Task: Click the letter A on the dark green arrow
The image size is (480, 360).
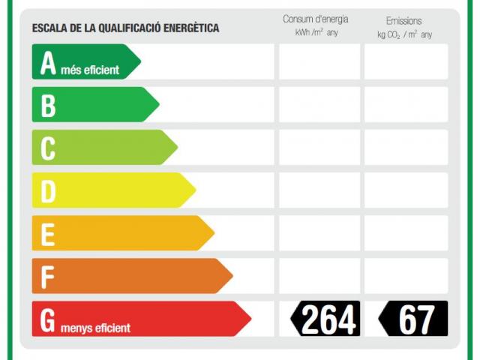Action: click(48, 63)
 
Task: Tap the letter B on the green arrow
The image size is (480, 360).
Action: click(48, 106)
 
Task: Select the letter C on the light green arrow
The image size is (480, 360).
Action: click(48, 148)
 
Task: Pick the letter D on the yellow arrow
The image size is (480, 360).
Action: click(48, 191)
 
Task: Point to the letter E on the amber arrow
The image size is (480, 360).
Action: click(47, 234)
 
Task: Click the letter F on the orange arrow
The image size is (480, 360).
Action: click(47, 277)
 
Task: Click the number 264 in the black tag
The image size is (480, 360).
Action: click(328, 320)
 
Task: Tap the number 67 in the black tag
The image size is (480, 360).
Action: click(416, 320)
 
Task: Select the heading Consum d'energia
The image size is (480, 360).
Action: click(315, 19)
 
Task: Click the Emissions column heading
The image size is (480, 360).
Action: click(404, 21)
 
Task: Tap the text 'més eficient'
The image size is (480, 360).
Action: click(90, 70)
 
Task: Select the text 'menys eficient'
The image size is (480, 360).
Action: click(95, 328)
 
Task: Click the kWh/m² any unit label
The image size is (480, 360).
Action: click(315, 34)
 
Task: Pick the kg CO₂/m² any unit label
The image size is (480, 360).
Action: click(404, 34)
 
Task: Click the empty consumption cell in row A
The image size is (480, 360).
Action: click(319, 62)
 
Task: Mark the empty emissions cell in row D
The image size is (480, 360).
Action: click(406, 190)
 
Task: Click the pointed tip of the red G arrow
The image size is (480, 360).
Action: click(250, 319)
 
